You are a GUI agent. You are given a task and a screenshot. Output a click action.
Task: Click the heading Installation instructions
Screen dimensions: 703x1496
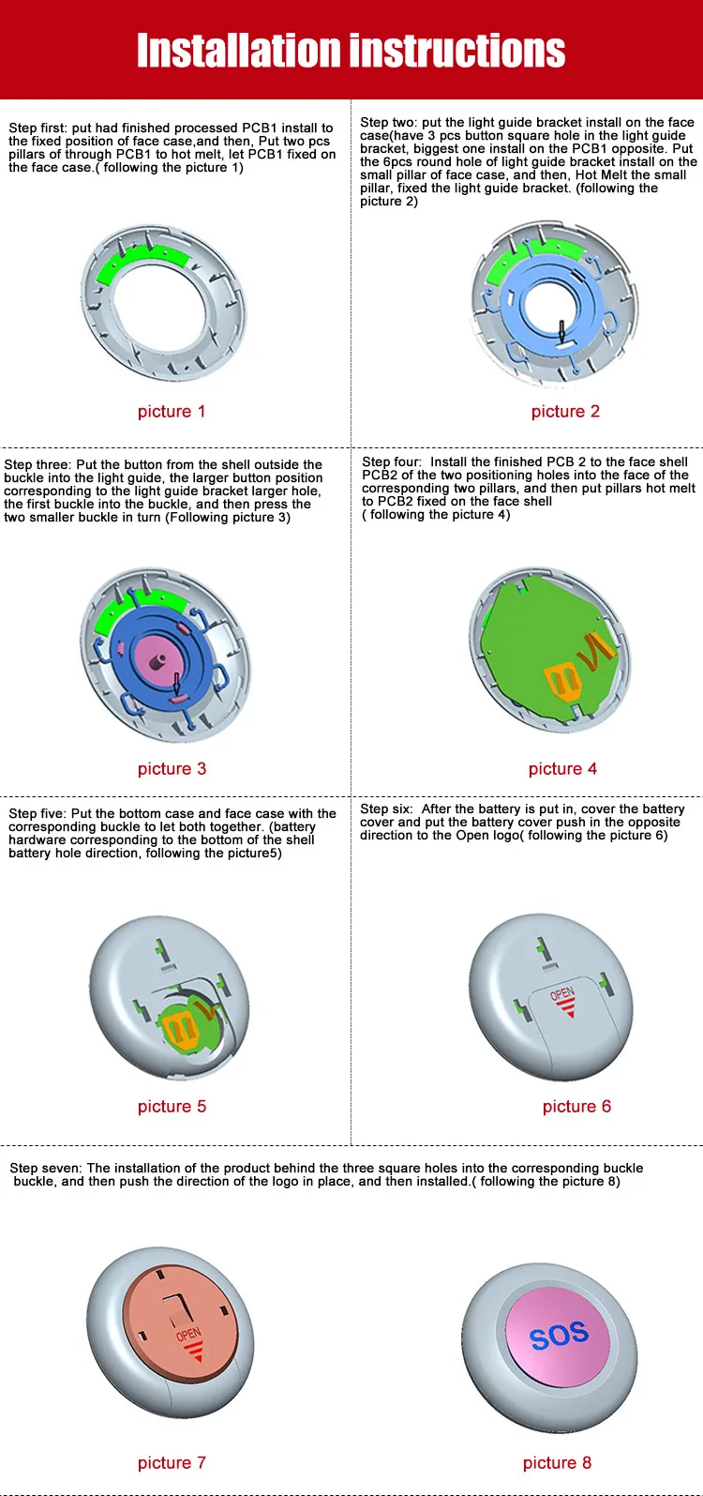click(351, 51)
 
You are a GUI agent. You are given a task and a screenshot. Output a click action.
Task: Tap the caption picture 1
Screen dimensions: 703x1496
click(172, 412)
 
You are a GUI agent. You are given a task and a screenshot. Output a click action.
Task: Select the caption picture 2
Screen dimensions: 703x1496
click(565, 412)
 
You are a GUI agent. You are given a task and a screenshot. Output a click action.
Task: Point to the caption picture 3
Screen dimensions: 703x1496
click(172, 769)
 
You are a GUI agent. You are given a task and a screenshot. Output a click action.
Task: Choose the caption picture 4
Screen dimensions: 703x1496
click(562, 769)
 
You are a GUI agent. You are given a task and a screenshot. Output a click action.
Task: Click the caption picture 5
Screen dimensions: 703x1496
click(172, 1107)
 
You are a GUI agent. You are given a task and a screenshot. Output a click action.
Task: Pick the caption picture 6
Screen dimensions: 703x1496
click(576, 1107)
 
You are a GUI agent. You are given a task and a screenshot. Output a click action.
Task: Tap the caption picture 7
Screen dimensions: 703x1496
click(172, 1463)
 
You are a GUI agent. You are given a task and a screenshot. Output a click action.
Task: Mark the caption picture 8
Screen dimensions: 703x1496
click(557, 1463)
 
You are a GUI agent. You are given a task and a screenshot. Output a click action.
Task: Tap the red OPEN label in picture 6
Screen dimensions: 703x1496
click(562, 993)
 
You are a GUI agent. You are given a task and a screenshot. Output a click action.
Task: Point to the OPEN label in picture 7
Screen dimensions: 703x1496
click(188, 1333)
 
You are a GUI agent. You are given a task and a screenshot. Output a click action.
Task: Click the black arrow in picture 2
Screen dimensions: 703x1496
click(561, 331)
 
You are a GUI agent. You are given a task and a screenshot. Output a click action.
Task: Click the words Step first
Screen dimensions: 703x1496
click(37, 128)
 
